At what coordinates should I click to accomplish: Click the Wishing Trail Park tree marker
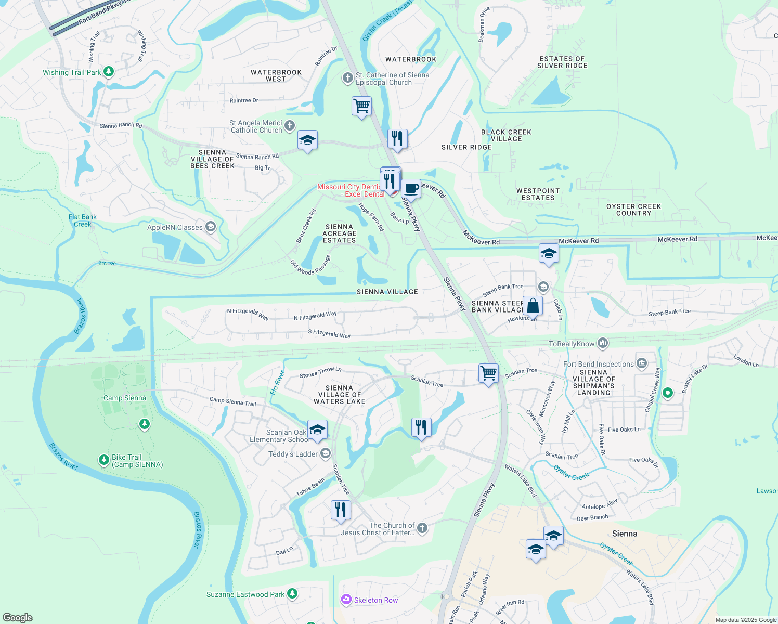pos(109,72)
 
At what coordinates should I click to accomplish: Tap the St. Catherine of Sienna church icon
pos(347,78)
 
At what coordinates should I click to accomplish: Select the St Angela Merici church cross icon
pos(290,125)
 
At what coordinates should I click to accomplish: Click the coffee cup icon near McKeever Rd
pos(411,189)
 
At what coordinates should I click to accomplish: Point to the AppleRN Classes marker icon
pos(211,227)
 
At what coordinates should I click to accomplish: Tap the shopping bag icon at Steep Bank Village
pos(533,305)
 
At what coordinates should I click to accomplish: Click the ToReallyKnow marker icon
pos(603,343)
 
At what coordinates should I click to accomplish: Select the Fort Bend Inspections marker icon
pos(642,363)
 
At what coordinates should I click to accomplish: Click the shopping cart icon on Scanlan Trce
pos(488,373)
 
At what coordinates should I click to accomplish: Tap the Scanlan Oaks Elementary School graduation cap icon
pos(317,430)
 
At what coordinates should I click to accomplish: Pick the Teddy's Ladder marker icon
pos(326,453)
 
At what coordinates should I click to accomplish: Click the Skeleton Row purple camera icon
pos(346,600)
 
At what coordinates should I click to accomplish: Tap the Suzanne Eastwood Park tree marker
pos(292,593)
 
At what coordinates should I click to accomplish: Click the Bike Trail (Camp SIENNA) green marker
pos(104,460)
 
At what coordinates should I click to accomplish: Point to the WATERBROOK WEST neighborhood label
pos(276,76)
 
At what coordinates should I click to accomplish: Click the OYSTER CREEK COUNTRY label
pos(633,210)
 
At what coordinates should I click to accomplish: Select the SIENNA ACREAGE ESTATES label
pos(339,233)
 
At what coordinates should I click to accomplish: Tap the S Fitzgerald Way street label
pos(329,334)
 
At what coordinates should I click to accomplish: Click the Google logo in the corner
pos(18,617)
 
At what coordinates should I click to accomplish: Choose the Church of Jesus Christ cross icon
pos(422,528)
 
